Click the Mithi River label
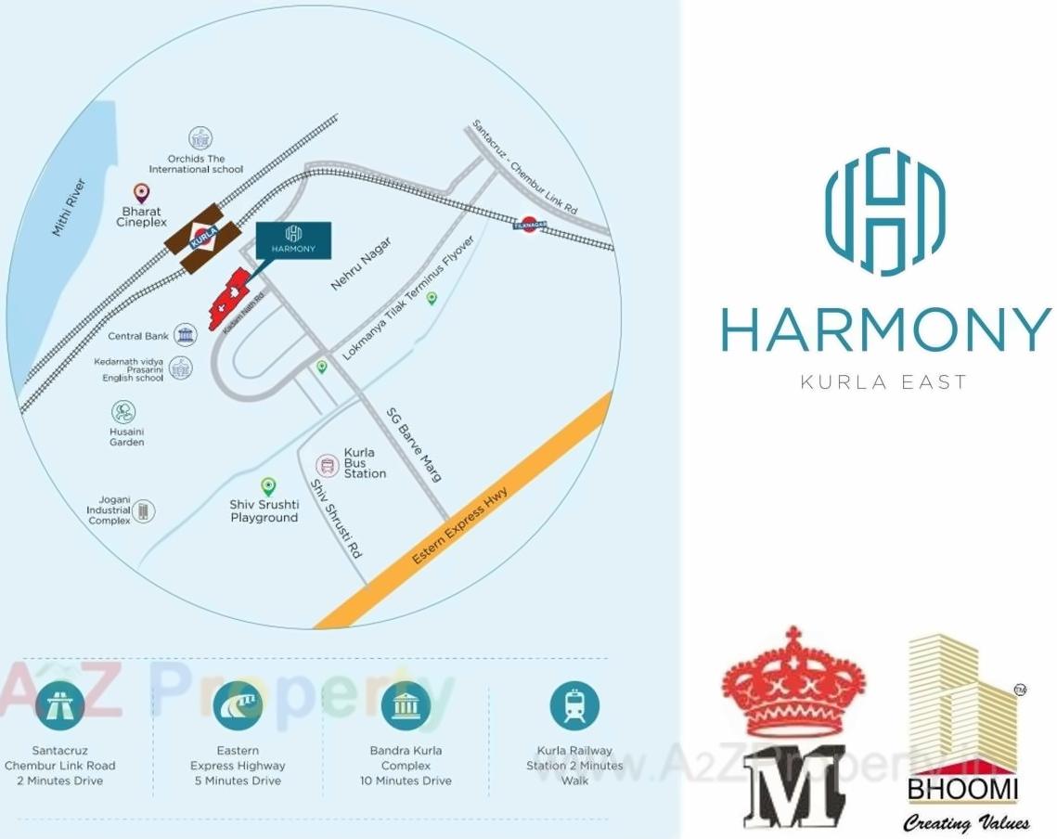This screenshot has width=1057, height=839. click(x=70, y=207)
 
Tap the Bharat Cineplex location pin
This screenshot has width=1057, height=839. click(x=141, y=193)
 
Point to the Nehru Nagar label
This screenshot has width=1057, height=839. click(x=361, y=264)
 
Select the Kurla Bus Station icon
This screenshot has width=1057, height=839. click(x=327, y=464)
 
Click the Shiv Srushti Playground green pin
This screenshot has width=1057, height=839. click(x=268, y=485)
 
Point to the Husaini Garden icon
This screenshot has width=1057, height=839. click(x=123, y=412)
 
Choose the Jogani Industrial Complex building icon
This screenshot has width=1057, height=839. click(x=143, y=510)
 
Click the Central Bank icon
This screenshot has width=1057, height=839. click(x=186, y=335)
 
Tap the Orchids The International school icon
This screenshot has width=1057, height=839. click(x=200, y=138)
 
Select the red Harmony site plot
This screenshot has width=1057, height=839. click(x=230, y=299)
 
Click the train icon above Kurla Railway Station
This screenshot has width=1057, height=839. click(x=574, y=706)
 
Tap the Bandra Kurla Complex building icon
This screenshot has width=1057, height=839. click(x=406, y=706)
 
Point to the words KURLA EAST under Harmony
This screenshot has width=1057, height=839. click(x=883, y=381)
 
